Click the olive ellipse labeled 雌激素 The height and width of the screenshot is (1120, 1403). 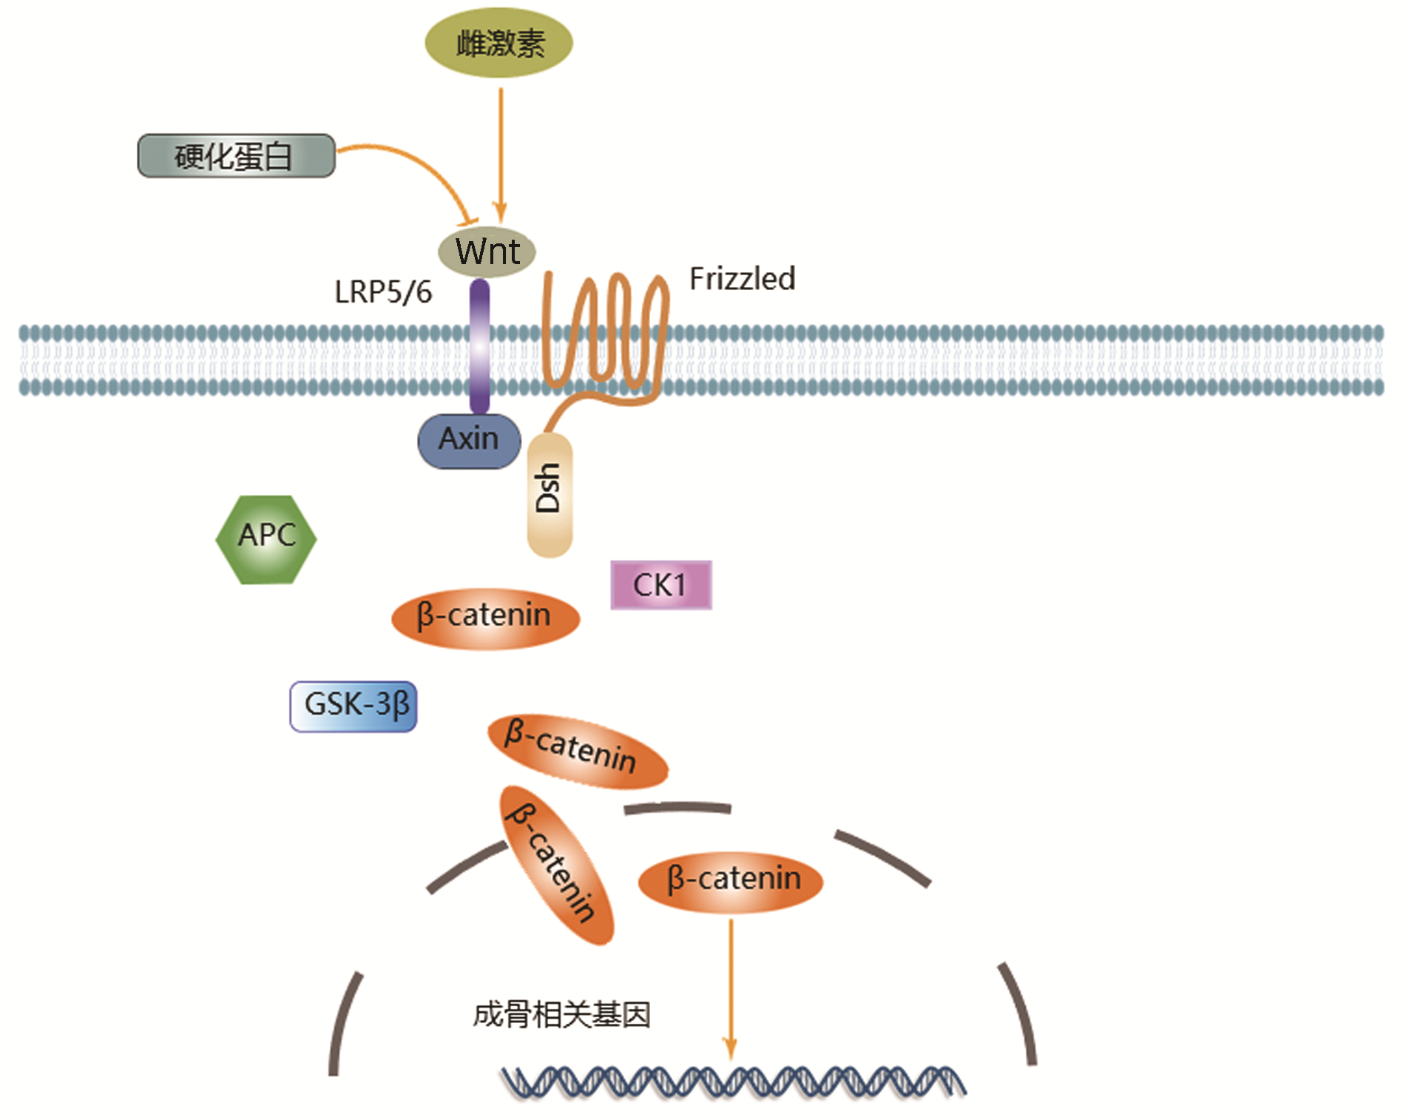click(498, 43)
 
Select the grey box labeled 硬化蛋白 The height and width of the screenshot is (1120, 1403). click(236, 156)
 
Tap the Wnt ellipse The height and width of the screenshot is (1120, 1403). click(487, 252)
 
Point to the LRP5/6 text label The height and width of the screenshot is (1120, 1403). click(382, 292)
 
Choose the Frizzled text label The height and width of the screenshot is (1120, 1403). click(742, 280)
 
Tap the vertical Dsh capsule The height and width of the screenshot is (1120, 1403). click(550, 493)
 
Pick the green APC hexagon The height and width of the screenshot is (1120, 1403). click(266, 539)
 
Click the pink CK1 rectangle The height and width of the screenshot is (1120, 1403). click(660, 585)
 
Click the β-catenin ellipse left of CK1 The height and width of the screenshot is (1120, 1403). click(485, 618)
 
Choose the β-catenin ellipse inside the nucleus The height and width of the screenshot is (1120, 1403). click(731, 880)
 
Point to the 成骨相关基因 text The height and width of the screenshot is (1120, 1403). click(561, 1015)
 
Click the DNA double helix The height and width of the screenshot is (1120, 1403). click(732, 1082)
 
